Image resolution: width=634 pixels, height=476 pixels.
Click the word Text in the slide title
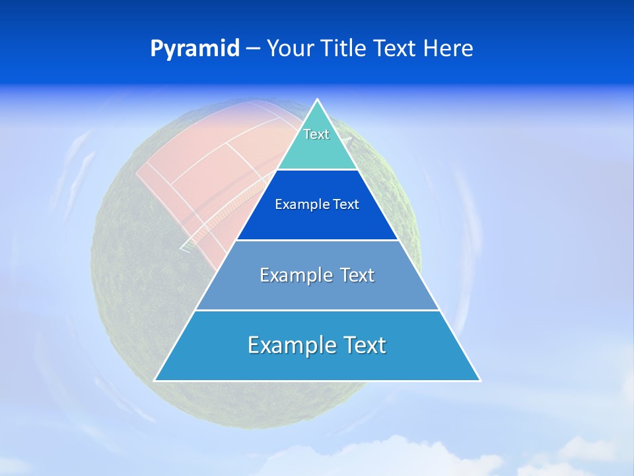pyautogui.click(x=396, y=49)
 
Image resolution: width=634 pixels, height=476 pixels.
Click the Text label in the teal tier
pyautogui.click(x=316, y=134)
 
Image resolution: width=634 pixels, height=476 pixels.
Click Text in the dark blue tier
pyautogui.click(x=345, y=205)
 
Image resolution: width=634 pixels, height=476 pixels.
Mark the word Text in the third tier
pyautogui.click(x=357, y=275)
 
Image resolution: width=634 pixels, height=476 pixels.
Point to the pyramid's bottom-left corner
pyautogui.click(x=155, y=380)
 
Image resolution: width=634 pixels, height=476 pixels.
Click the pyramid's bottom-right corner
pyautogui.click(x=479, y=380)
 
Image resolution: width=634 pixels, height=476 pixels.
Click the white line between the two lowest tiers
pyautogui.click(x=317, y=310)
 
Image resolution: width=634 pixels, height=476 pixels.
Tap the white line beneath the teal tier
pyautogui.click(x=317, y=170)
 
